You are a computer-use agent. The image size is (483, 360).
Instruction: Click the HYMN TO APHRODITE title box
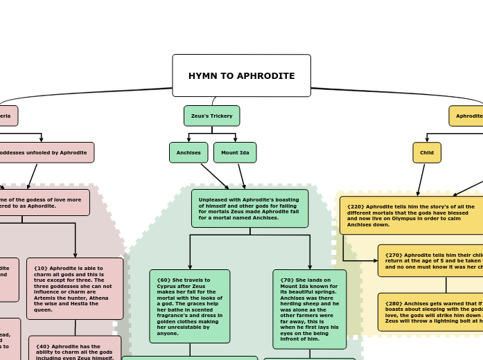tap(241, 75)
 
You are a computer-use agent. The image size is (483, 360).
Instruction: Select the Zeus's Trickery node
tap(211, 116)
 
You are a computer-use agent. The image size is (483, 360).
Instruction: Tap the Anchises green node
tap(188, 152)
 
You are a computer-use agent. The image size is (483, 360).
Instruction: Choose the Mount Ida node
tap(235, 152)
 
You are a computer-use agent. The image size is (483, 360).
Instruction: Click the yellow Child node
tap(427, 152)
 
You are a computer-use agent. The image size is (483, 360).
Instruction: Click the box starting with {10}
tap(75, 289)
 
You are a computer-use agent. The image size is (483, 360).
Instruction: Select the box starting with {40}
tap(75, 348)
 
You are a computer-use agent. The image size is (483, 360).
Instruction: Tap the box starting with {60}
tap(189, 306)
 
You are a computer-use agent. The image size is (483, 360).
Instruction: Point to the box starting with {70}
tap(309, 309)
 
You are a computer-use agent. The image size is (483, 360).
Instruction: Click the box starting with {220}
tap(412, 215)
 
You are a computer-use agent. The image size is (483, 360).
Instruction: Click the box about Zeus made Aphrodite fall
tap(249, 208)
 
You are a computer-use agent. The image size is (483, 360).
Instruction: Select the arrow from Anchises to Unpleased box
tap(215, 177)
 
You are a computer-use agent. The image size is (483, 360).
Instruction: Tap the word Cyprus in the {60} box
tap(164, 286)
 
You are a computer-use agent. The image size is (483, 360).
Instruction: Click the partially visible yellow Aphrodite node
tap(467, 116)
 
